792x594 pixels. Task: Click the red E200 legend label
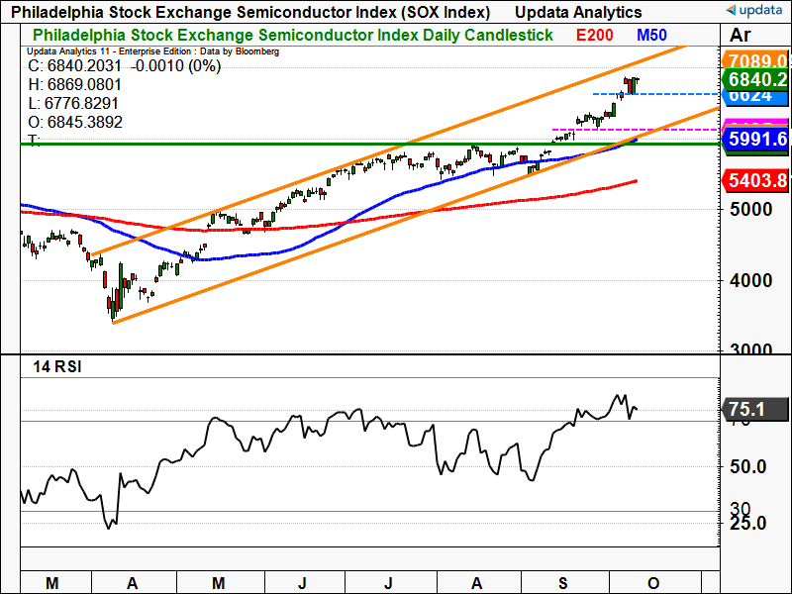coord(595,35)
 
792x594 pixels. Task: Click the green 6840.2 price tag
coord(755,79)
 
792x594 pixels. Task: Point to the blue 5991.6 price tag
coord(755,140)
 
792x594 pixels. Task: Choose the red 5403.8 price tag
coord(755,181)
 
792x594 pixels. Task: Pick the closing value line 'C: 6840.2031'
coord(74,67)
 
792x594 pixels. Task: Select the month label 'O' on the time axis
coord(652,581)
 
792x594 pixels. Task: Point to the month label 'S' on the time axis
coord(563,581)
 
